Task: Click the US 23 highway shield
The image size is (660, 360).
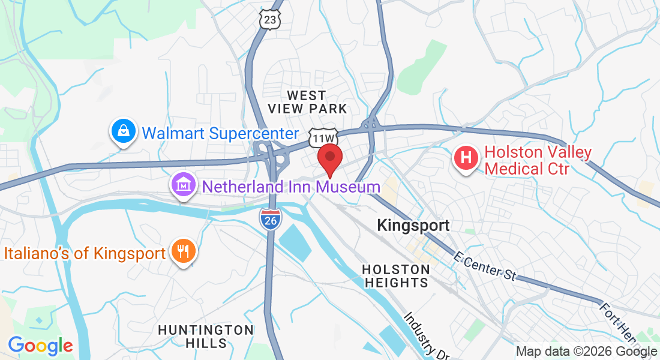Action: click(x=271, y=20)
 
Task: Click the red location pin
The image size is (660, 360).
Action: click(x=329, y=159)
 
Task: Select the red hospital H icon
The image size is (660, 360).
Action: click(x=466, y=159)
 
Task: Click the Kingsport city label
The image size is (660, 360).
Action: click(x=413, y=226)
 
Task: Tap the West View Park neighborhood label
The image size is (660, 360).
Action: click(x=307, y=102)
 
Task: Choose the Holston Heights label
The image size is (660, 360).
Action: click(x=396, y=276)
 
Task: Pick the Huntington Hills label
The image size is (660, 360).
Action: click(x=206, y=337)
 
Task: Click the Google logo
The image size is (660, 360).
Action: click(x=40, y=346)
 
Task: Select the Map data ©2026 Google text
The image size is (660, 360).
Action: click(x=587, y=352)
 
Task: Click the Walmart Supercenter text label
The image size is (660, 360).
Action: click(x=220, y=133)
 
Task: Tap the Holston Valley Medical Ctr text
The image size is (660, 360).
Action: click(x=526, y=161)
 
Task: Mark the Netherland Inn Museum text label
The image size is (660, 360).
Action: click(x=291, y=187)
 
